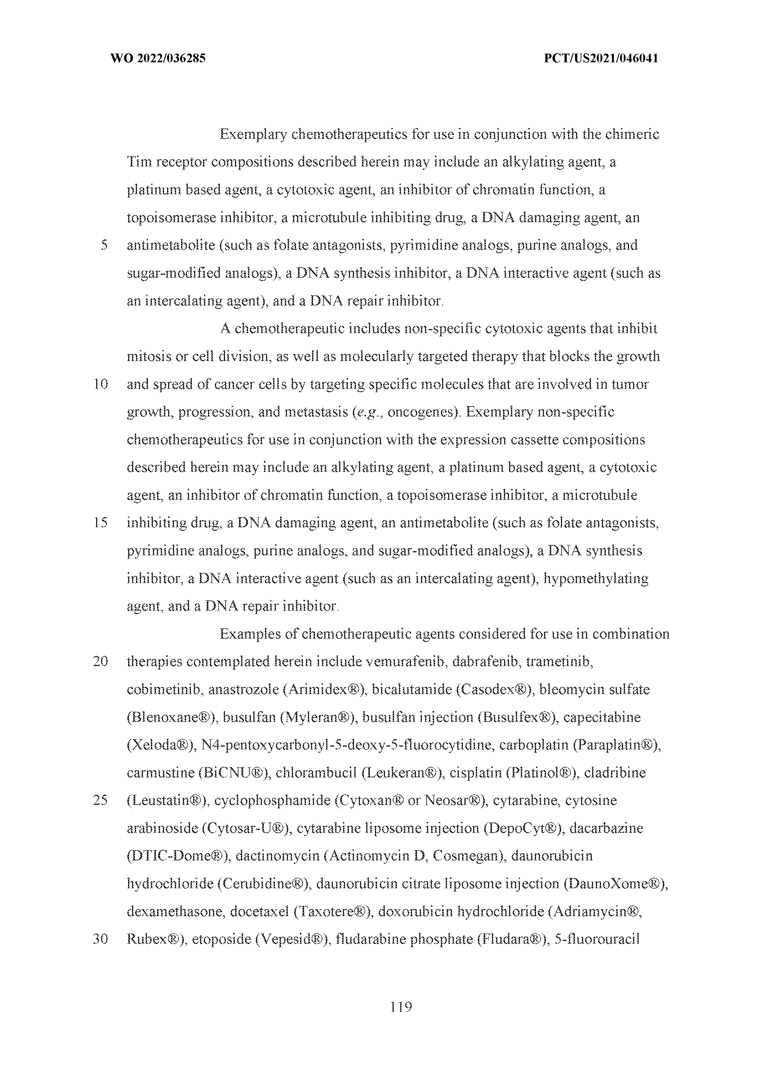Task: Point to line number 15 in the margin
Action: tap(101, 523)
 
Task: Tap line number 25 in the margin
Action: tap(101, 801)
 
